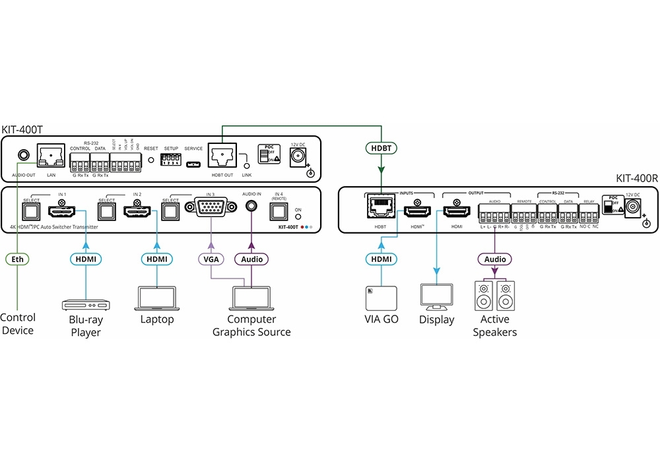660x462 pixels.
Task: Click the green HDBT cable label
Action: click(381, 148)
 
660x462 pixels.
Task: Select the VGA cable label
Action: click(211, 259)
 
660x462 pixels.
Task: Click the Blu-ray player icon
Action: click(86, 304)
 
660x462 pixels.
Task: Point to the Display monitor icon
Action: click(436, 298)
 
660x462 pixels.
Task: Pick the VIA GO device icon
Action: click(380, 298)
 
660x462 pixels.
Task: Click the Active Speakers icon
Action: click(494, 297)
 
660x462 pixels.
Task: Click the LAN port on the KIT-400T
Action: click(51, 156)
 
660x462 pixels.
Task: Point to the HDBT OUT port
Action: click(222, 156)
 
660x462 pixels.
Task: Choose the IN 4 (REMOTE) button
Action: click(278, 211)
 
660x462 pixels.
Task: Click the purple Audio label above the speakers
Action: click(494, 259)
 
